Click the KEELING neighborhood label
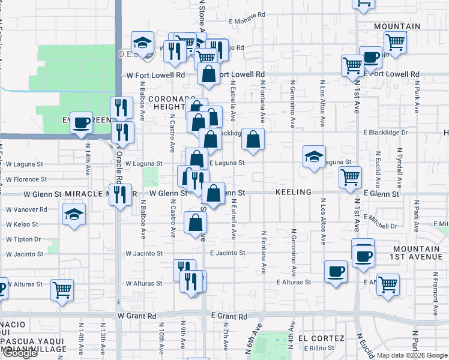[294, 192]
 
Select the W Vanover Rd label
[26, 209]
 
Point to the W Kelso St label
[22, 224]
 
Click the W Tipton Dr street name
[23, 239]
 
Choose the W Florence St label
[26, 179]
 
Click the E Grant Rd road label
[229, 316]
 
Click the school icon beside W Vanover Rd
[74, 214]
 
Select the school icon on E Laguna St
[313, 157]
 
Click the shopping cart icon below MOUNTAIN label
[395, 42]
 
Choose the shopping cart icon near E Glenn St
[350, 177]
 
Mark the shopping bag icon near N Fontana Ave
[253, 140]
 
